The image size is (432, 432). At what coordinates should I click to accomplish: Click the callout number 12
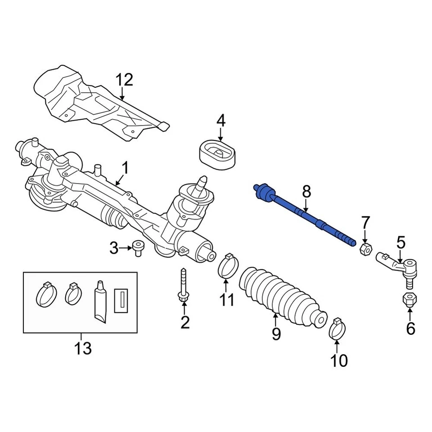tap(124, 80)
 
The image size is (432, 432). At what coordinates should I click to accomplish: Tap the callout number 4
tap(220, 121)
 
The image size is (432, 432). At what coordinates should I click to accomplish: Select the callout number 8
tap(306, 192)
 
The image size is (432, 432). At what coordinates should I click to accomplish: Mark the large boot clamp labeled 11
tap(227, 267)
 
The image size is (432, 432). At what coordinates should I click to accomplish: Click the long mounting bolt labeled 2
tap(184, 286)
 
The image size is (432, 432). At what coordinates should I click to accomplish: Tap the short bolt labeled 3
tap(137, 247)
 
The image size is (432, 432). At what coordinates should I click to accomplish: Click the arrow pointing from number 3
tap(126, 247)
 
